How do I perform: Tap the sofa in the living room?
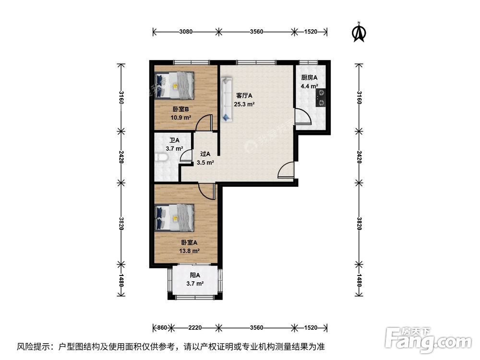(x=226, y=100)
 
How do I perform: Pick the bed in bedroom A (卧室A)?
(x=175, y=216)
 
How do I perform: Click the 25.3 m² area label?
(x=244, y=104)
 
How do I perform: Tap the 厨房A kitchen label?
(x=309, y=78)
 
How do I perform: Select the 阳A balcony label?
(x=194, y=275)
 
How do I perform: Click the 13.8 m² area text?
(x=190, y=251)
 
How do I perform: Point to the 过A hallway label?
(x=205, y=154)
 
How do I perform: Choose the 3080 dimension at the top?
(x=186, y=32)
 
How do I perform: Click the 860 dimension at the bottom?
(x=161, y=328)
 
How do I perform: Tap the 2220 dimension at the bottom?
(x=194, y=328)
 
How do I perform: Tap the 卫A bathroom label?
(x=174, y=141)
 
